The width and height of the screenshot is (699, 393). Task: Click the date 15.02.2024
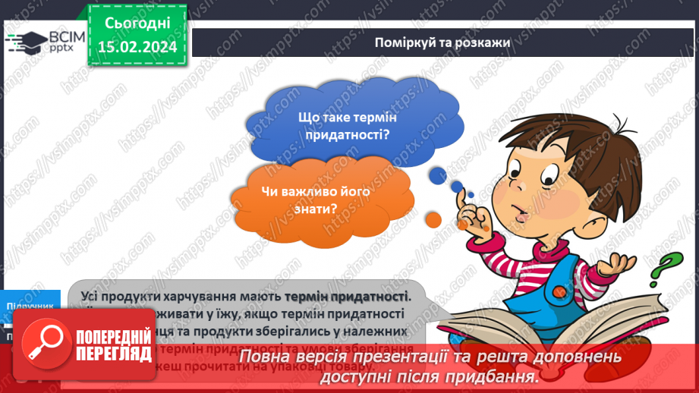(137, 47)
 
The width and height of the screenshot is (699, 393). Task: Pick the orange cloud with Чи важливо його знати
(317, 199)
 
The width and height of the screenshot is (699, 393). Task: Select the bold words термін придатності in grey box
(346, 295)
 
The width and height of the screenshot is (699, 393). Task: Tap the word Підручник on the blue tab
(30, 305)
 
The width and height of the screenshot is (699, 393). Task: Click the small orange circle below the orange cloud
(433, 220)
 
